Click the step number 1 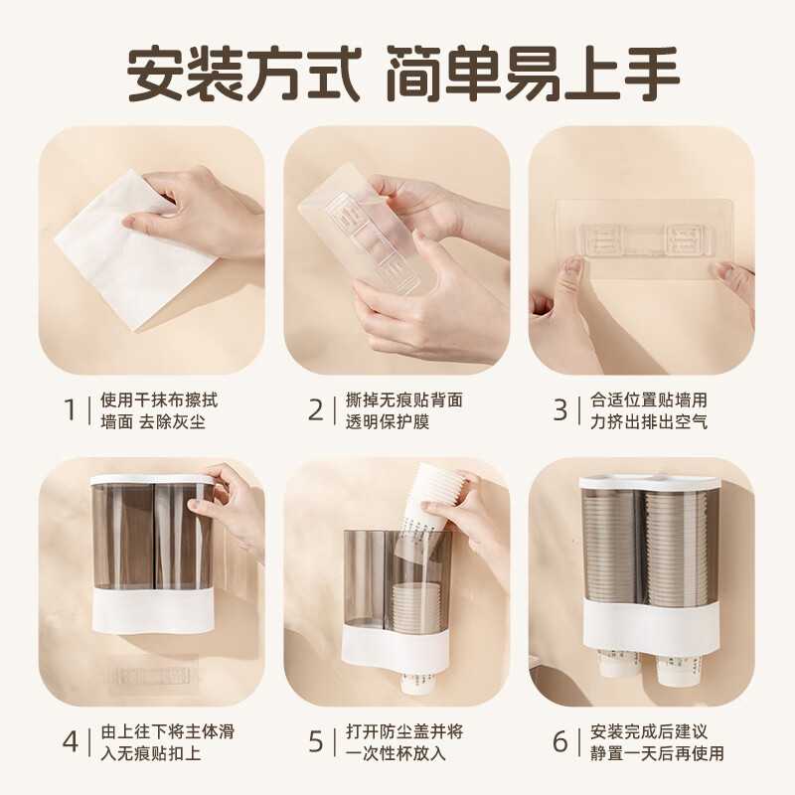coord(71,409)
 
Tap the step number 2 coord(316,409)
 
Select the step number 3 coord(560,409)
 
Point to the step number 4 coord(71,741)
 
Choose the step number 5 coord(316,741)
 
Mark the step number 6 coord(560,741)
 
